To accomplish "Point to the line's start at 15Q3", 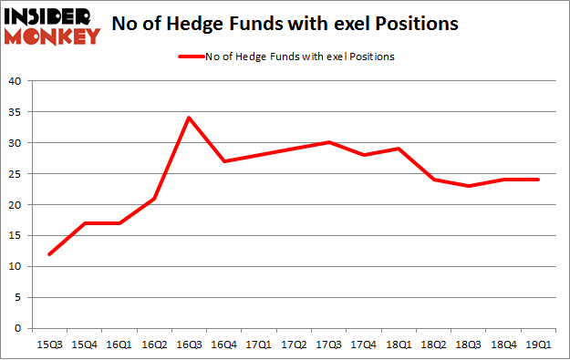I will pyautogui.click(x=48, y=254).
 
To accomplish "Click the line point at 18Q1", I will pyautogui.click(x=399, y=149).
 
